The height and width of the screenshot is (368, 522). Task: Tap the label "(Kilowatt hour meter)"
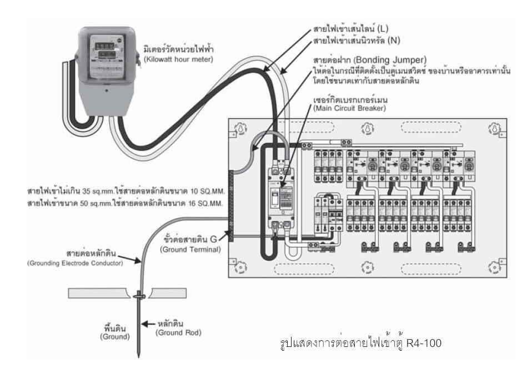click(178, 59)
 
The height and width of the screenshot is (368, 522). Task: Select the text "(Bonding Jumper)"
click(389, 60)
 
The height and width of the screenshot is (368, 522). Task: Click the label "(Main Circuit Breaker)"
click(349, 108)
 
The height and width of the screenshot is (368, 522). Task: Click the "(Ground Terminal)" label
click(190, 249)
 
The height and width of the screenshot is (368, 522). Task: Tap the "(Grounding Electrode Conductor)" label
click(75, 263)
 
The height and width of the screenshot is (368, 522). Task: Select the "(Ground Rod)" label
click(178, 332)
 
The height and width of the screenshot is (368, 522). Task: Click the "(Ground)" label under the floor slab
click(115, 336)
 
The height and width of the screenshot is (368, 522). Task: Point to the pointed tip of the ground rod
click(138, 357)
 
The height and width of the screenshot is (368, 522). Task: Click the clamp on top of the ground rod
click(139, 295)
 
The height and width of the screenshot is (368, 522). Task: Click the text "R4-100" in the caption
click(424, 342)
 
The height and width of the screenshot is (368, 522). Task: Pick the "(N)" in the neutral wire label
click(394, 41)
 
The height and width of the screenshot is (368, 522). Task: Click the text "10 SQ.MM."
click(208, 191)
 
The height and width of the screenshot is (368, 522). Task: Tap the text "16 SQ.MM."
click(205, 203)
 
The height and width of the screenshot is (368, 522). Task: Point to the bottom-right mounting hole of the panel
click(494, 267)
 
